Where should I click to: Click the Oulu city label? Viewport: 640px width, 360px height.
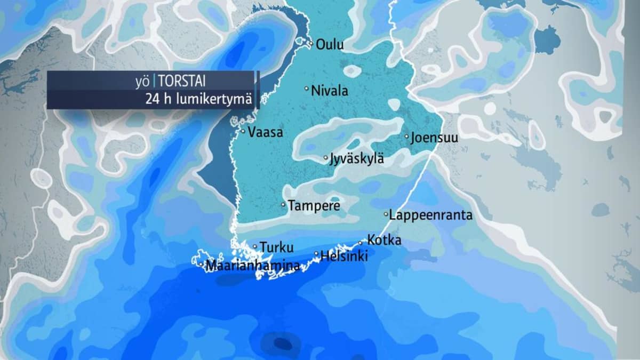pos(330,45)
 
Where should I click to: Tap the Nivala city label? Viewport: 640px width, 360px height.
pos(330,91)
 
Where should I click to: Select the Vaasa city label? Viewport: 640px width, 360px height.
pos(265,133)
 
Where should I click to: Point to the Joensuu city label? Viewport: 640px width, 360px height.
pos(434,138)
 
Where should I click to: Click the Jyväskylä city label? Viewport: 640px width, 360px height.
pos(357,159)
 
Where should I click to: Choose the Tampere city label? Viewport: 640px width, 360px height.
pos(314,206)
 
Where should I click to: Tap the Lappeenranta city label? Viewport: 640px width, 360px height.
pos(431,215)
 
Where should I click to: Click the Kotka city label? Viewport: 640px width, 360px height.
pos(384,241)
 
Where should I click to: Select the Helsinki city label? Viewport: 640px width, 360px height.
pos(344,256)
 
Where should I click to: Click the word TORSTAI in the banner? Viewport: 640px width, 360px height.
pos(181,82)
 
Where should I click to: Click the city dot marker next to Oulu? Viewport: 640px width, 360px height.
pos(310,44)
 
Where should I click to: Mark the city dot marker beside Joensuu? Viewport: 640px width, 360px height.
pos(406,137)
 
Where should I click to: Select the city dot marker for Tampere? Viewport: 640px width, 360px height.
pos(283,205)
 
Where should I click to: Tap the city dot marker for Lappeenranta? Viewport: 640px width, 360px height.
pos(386,214)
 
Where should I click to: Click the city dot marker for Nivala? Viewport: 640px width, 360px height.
pos(307,89)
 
